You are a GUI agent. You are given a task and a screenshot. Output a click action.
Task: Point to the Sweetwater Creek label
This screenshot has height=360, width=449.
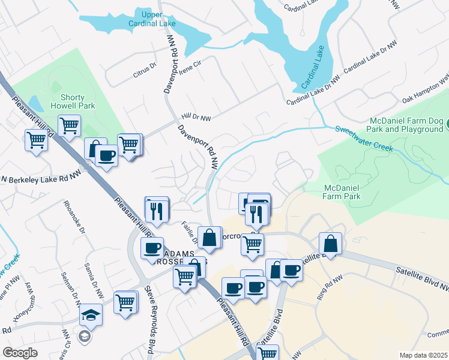pyautogui.click(x=364, y=138)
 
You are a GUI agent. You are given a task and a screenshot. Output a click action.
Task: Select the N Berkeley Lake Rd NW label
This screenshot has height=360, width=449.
pyautogui.click(x=40, y=178)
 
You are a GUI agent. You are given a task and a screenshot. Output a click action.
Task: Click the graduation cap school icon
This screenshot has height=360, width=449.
pyautogui.click(x=91, y=314)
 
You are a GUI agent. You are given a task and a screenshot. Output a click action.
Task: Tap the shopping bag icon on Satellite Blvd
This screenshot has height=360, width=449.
pyautogui.click(x=330, y=244)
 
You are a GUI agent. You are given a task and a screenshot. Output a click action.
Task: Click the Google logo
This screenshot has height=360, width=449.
pyautogui.click(x=20, y=352)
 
